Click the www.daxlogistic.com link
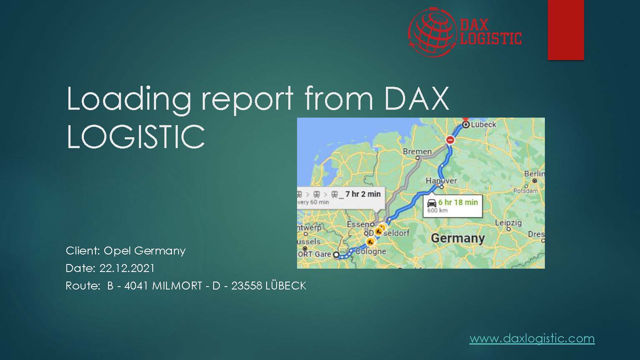tap(532, 338)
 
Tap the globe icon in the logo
tap(432, 31)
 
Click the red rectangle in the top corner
tap(565, 29)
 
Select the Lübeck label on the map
tap(484, 124)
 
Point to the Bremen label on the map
tap(417, 151)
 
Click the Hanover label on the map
tap(441, 181)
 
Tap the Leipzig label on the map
tap(508, 222)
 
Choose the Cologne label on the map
tap(371, 251)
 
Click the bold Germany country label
tap(458, 238)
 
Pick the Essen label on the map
tap(358, 224)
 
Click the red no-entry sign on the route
tap(450, 140)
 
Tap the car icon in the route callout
tap(432, 203)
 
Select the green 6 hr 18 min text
tap(458, 202)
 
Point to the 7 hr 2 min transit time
tap(363, 194)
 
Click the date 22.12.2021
tap(127, 268)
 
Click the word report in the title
tap(247, 99)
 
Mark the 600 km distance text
tap(437, 210)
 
